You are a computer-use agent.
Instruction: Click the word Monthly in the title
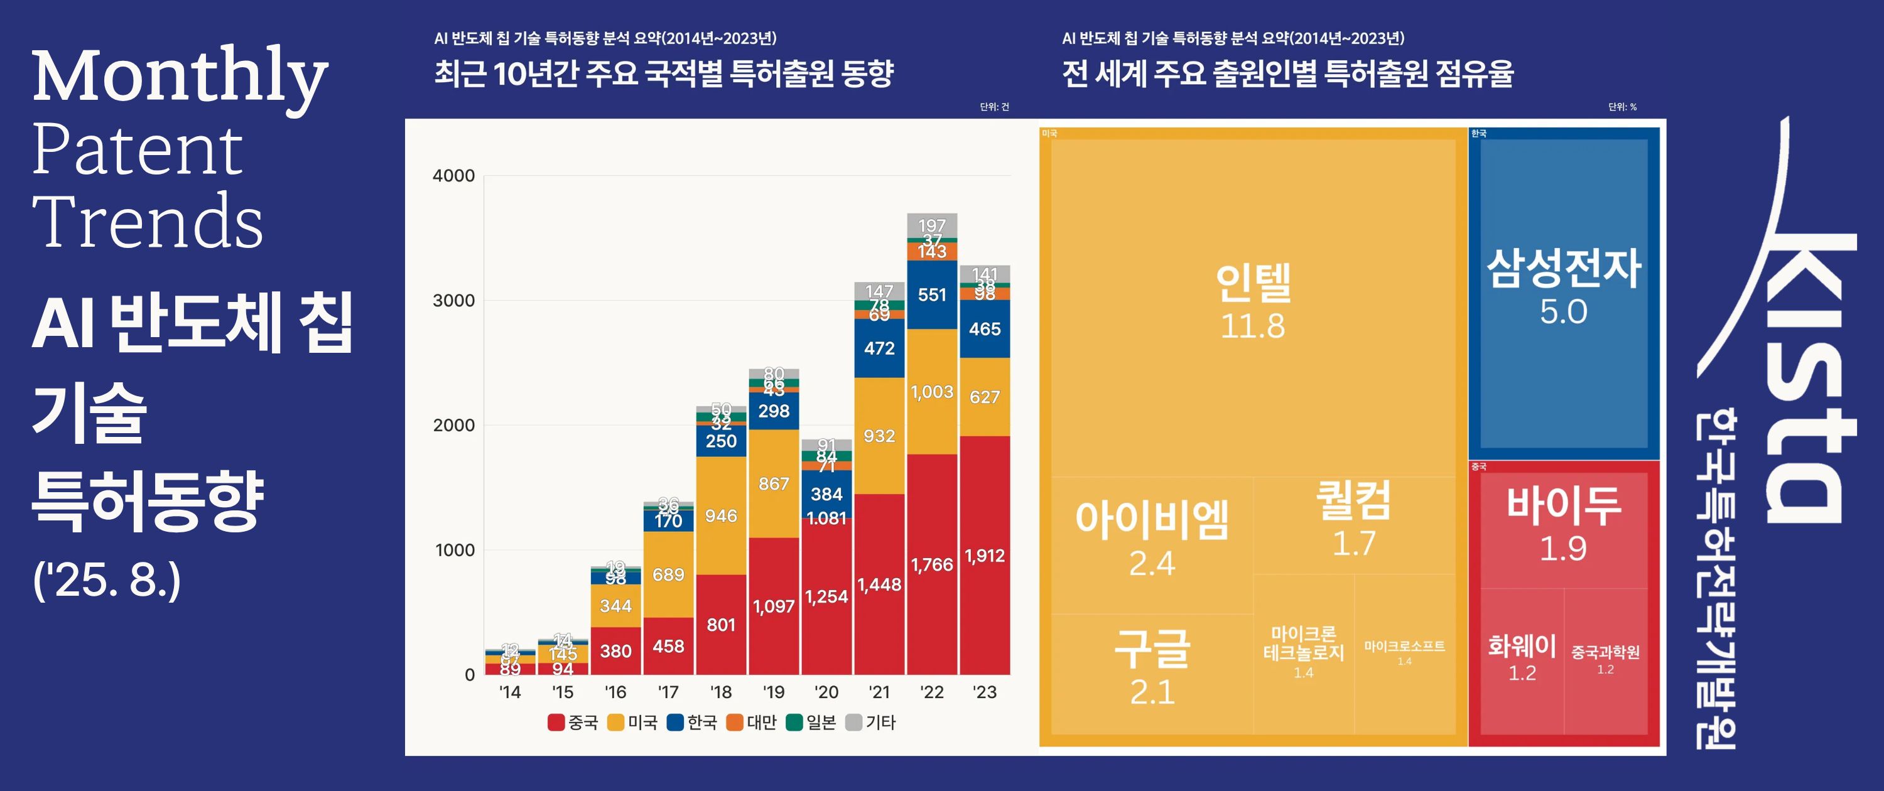tap(179, 77)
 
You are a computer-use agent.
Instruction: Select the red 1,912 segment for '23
tap(985, 556)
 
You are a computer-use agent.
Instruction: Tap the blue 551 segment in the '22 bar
tap(932, 294)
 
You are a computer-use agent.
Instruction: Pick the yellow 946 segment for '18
tap(720, 515)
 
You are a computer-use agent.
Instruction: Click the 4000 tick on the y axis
tap(453, 175)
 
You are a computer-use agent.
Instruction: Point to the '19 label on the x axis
tap(773, 692)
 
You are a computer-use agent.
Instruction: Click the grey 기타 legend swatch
tap(853, 723)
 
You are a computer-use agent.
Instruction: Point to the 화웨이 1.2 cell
tap(1522, 658)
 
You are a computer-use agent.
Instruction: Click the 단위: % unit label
tap(1622, 107)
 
